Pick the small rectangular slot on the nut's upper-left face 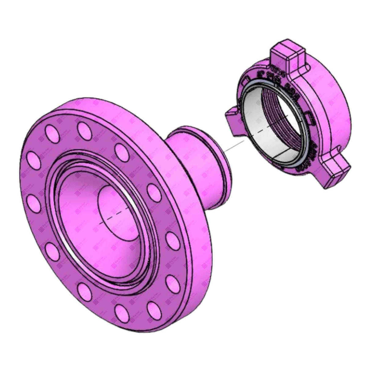245,82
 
